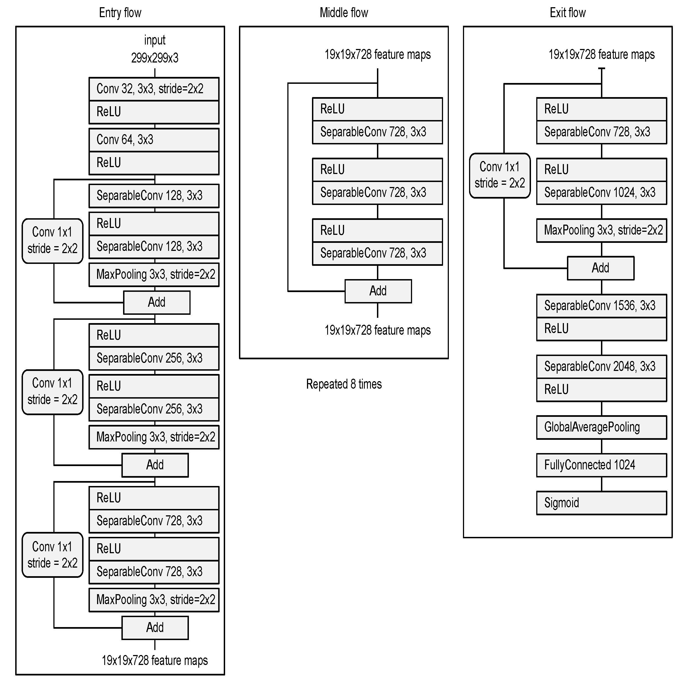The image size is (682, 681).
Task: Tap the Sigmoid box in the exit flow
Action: [601, 503]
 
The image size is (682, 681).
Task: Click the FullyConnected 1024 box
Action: [601, 465]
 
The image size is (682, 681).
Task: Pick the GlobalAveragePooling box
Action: [601, 427]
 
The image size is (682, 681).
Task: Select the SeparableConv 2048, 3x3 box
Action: [601, 367]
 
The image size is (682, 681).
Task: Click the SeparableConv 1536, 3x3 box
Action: [601, 306]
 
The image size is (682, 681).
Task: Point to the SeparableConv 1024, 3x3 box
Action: [601, 193]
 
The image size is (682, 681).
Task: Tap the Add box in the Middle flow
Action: [378, 291]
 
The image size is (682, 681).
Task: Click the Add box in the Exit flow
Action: [600, 268]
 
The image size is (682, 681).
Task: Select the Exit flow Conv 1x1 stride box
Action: [499, 175]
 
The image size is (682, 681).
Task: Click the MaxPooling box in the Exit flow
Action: [601, 230]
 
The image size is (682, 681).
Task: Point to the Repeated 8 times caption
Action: [343, 384]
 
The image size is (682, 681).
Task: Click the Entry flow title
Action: [120, 13]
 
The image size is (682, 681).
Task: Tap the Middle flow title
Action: [343, 13]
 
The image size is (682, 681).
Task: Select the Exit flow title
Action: [567, 13]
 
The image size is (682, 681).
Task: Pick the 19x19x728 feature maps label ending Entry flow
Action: [155, 660]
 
